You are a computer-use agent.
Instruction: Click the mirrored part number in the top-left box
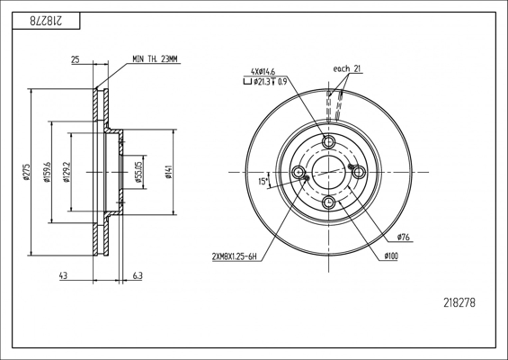[46, 21]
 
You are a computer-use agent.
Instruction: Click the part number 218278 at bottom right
[459, 303]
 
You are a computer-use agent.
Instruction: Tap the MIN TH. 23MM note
[156, 59]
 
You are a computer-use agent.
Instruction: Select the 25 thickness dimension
[76, 59]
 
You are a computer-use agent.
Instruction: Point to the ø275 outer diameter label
[26, 172]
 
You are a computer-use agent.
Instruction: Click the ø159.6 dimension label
[48, 172]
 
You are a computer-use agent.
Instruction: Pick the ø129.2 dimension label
[67, 172]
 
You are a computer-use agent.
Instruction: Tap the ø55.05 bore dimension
[139, 172]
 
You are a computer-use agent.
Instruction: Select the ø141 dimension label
[168, 172]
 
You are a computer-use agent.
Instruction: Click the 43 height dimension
[63, 276]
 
